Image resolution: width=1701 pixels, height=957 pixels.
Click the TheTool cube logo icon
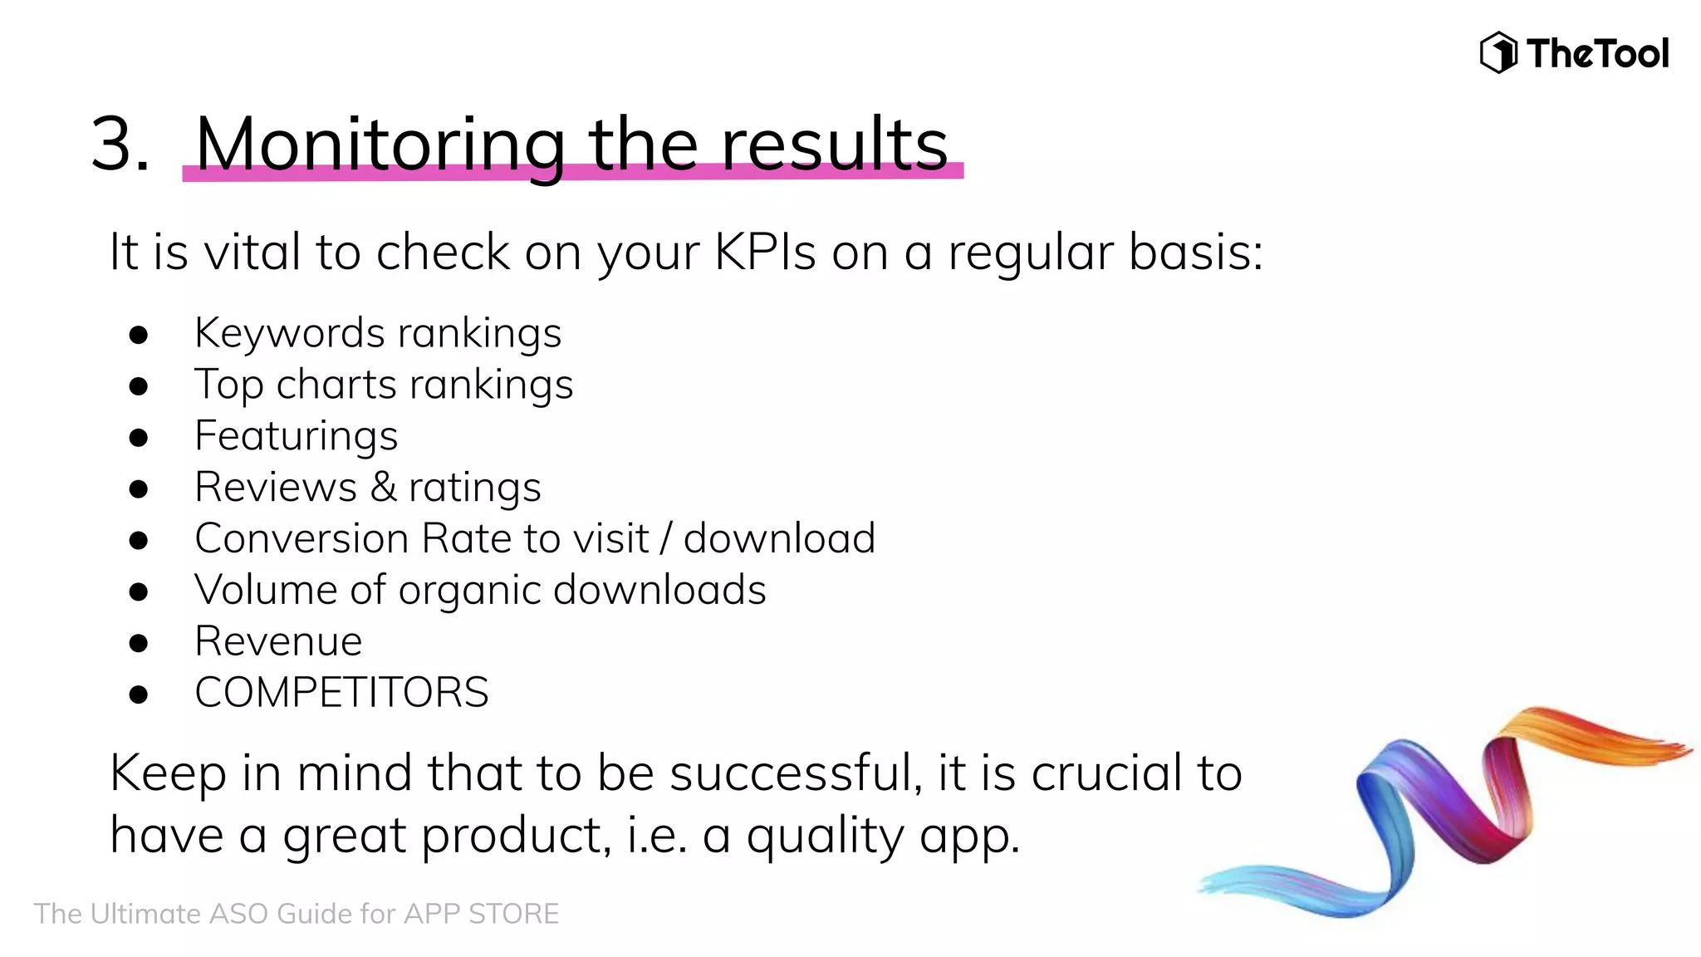pyautogui.click(x=1498, y=52)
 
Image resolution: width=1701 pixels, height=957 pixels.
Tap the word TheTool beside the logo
pyautogui.click(x=1597, y=54)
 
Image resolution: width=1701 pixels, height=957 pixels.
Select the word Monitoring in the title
pyautogui.click(x=380, y=145)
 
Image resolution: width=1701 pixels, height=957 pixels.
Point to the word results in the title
pyautogui.click(x=834, y=145)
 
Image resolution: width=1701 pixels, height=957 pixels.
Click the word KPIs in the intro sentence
pyautogui.click(x=765, y=252)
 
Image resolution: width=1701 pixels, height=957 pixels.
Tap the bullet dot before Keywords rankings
pyautogui.click(x=139, y=335)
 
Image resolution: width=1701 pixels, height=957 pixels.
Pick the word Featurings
pyautogui.click(x=296, y=436)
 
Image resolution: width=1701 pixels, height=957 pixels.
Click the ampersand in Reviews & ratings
pyautogui.click(x=383, y=487)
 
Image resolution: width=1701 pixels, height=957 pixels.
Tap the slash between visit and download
pyautogui.click(x=665, y=538)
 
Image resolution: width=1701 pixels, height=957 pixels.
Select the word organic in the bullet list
pyautogui.click(x=468, y=591)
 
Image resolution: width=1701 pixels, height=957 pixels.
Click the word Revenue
pyautogui.click(x=278, y=641)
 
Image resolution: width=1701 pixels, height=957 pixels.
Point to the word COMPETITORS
pyautogui.click(x=341, y=693)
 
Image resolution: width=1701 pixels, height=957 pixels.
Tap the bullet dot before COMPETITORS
pyautogui.click(x=139, y=694)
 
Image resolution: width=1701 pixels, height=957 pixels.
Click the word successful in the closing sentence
pyautogui.click(x=795, y=773)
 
